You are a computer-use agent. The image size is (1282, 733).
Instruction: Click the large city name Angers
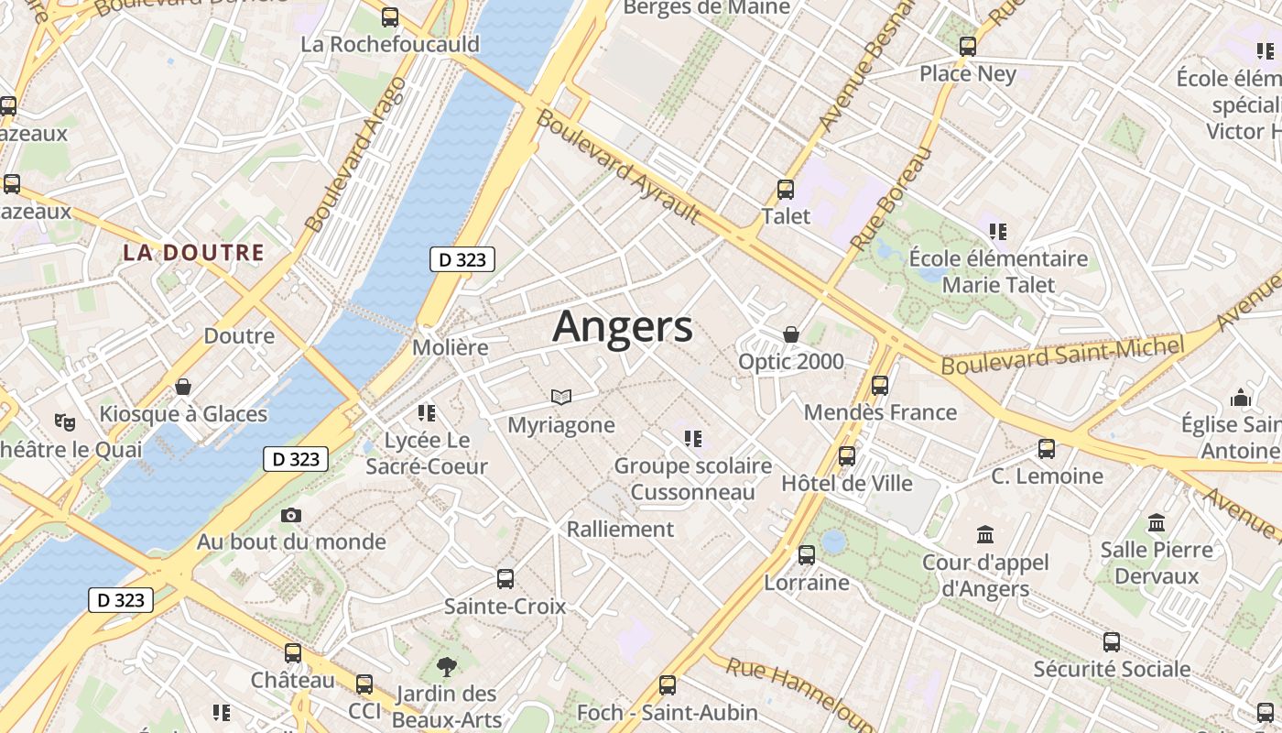623,327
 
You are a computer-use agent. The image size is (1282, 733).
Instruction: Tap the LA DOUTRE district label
193,253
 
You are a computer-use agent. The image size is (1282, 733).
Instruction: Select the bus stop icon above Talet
785,190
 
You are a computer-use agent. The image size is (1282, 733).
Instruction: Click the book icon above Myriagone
560,397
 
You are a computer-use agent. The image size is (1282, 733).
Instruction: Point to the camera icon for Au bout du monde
291,515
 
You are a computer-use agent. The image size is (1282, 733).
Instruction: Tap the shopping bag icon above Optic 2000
790,334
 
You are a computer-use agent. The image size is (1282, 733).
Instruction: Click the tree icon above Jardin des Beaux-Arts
447,666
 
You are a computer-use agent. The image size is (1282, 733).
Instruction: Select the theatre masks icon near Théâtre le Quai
64,421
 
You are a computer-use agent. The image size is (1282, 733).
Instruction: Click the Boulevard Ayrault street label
619,167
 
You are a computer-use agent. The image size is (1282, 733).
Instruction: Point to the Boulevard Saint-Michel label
1062,355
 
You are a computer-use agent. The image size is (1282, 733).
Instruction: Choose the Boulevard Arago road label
355,154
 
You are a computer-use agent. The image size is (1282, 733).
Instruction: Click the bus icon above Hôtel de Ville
846,455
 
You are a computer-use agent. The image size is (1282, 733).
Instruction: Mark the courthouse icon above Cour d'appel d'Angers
985,533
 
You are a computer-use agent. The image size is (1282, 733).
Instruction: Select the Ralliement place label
620,529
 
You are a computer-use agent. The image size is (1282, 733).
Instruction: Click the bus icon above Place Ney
967,47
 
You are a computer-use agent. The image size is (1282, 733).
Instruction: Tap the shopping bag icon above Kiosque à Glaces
183,387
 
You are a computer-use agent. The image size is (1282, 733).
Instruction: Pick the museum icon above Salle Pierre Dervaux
1157,522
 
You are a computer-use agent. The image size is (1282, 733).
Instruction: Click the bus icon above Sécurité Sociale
1111,642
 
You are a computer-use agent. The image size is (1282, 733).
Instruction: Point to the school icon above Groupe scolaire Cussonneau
692,439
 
